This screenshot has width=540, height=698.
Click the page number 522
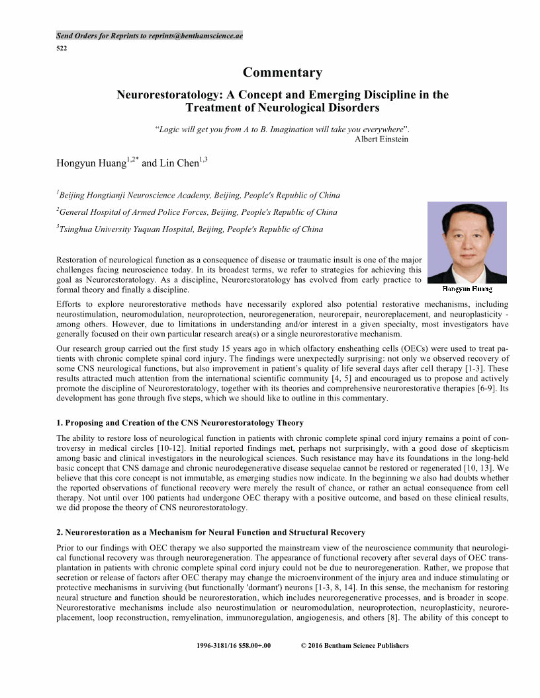[61, 48]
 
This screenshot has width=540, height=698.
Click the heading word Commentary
[283, 73]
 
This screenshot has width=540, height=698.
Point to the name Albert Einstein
[381, 139]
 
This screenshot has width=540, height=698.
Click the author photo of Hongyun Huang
[467, 242]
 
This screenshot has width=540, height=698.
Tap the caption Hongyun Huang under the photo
[467, 289]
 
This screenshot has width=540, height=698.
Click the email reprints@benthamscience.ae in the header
[196, 36]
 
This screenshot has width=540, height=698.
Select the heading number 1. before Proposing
[60, 422]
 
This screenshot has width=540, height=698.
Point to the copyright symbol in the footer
[303, 646]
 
